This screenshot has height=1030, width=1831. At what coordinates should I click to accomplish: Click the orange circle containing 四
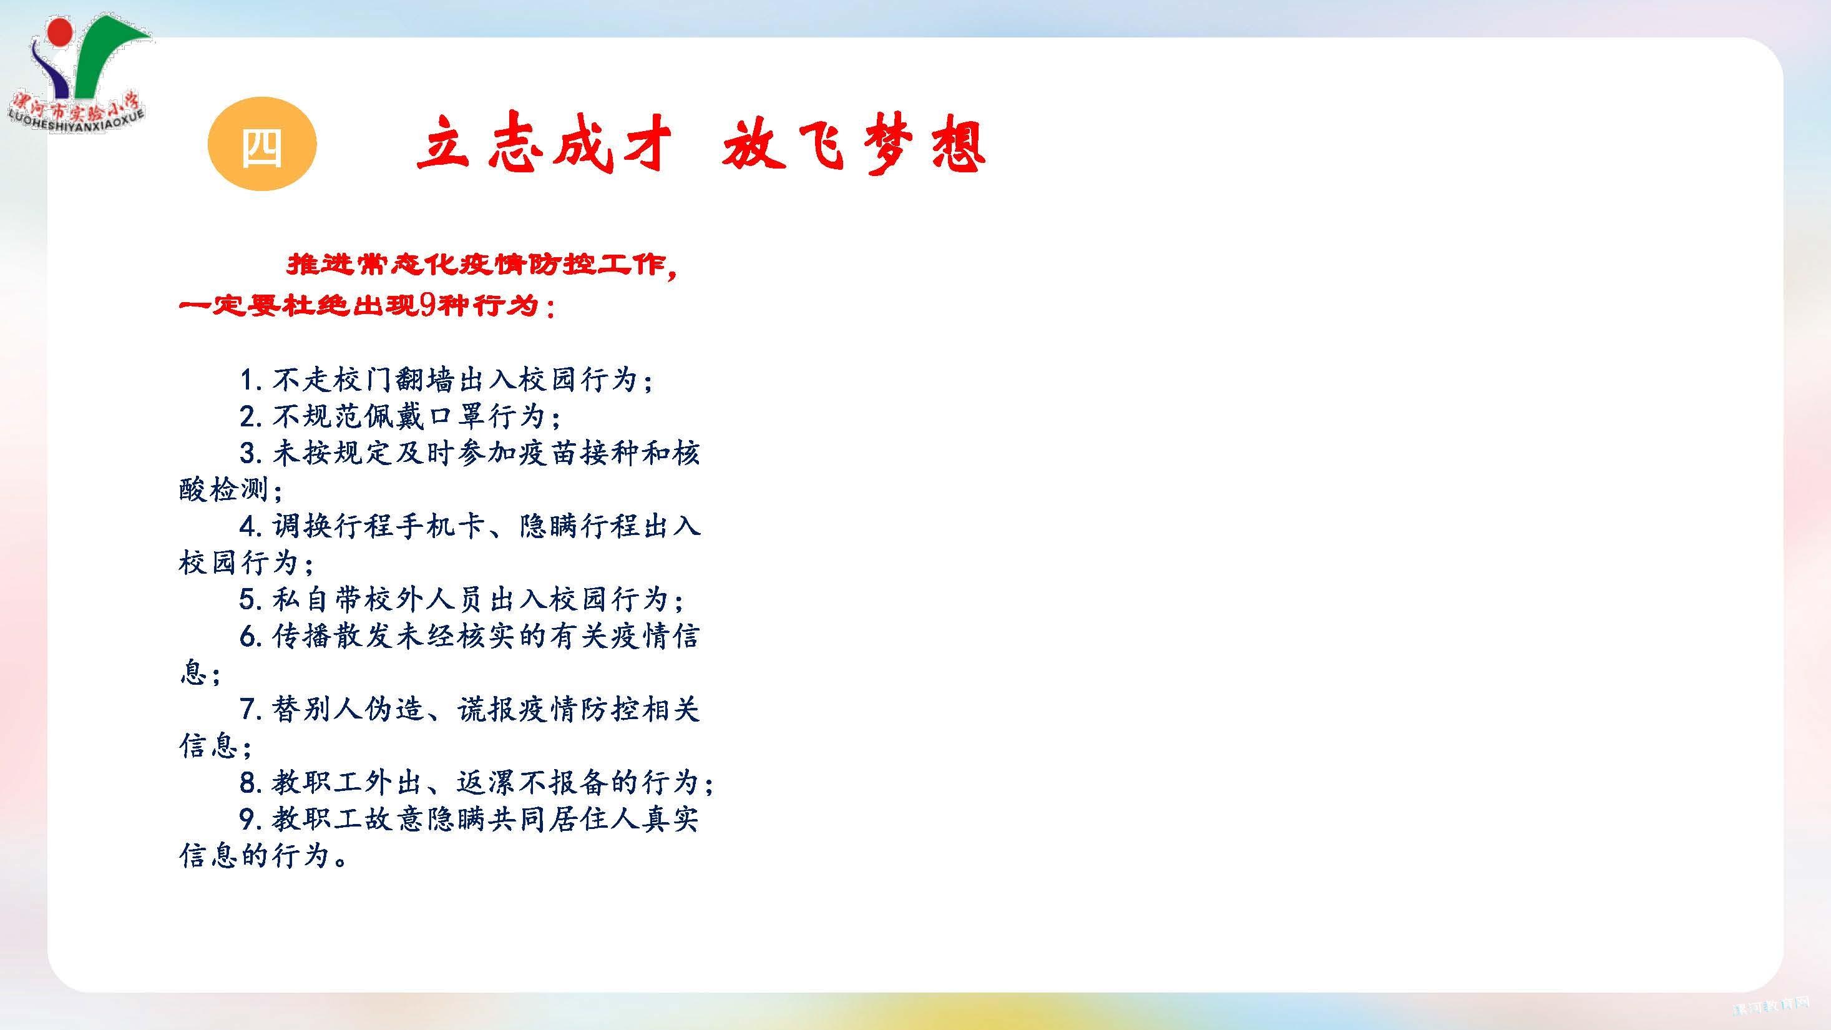coord(261,144)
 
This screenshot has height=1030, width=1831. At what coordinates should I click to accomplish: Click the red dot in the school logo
coord(60,31)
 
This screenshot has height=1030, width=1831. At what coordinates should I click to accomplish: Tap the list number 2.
coord(250,416)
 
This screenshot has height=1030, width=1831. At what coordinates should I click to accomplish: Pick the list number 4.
coord(250,527)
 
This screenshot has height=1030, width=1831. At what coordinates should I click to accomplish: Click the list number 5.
coord(250,599)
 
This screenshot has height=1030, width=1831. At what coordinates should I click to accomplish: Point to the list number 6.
coord(250,636)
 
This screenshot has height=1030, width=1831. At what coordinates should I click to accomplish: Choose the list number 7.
coord(250,709)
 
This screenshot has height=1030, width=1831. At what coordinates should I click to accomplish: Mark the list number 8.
coord(250,783)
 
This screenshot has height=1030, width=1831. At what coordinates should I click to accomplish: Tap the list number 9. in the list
coord(253,820)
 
